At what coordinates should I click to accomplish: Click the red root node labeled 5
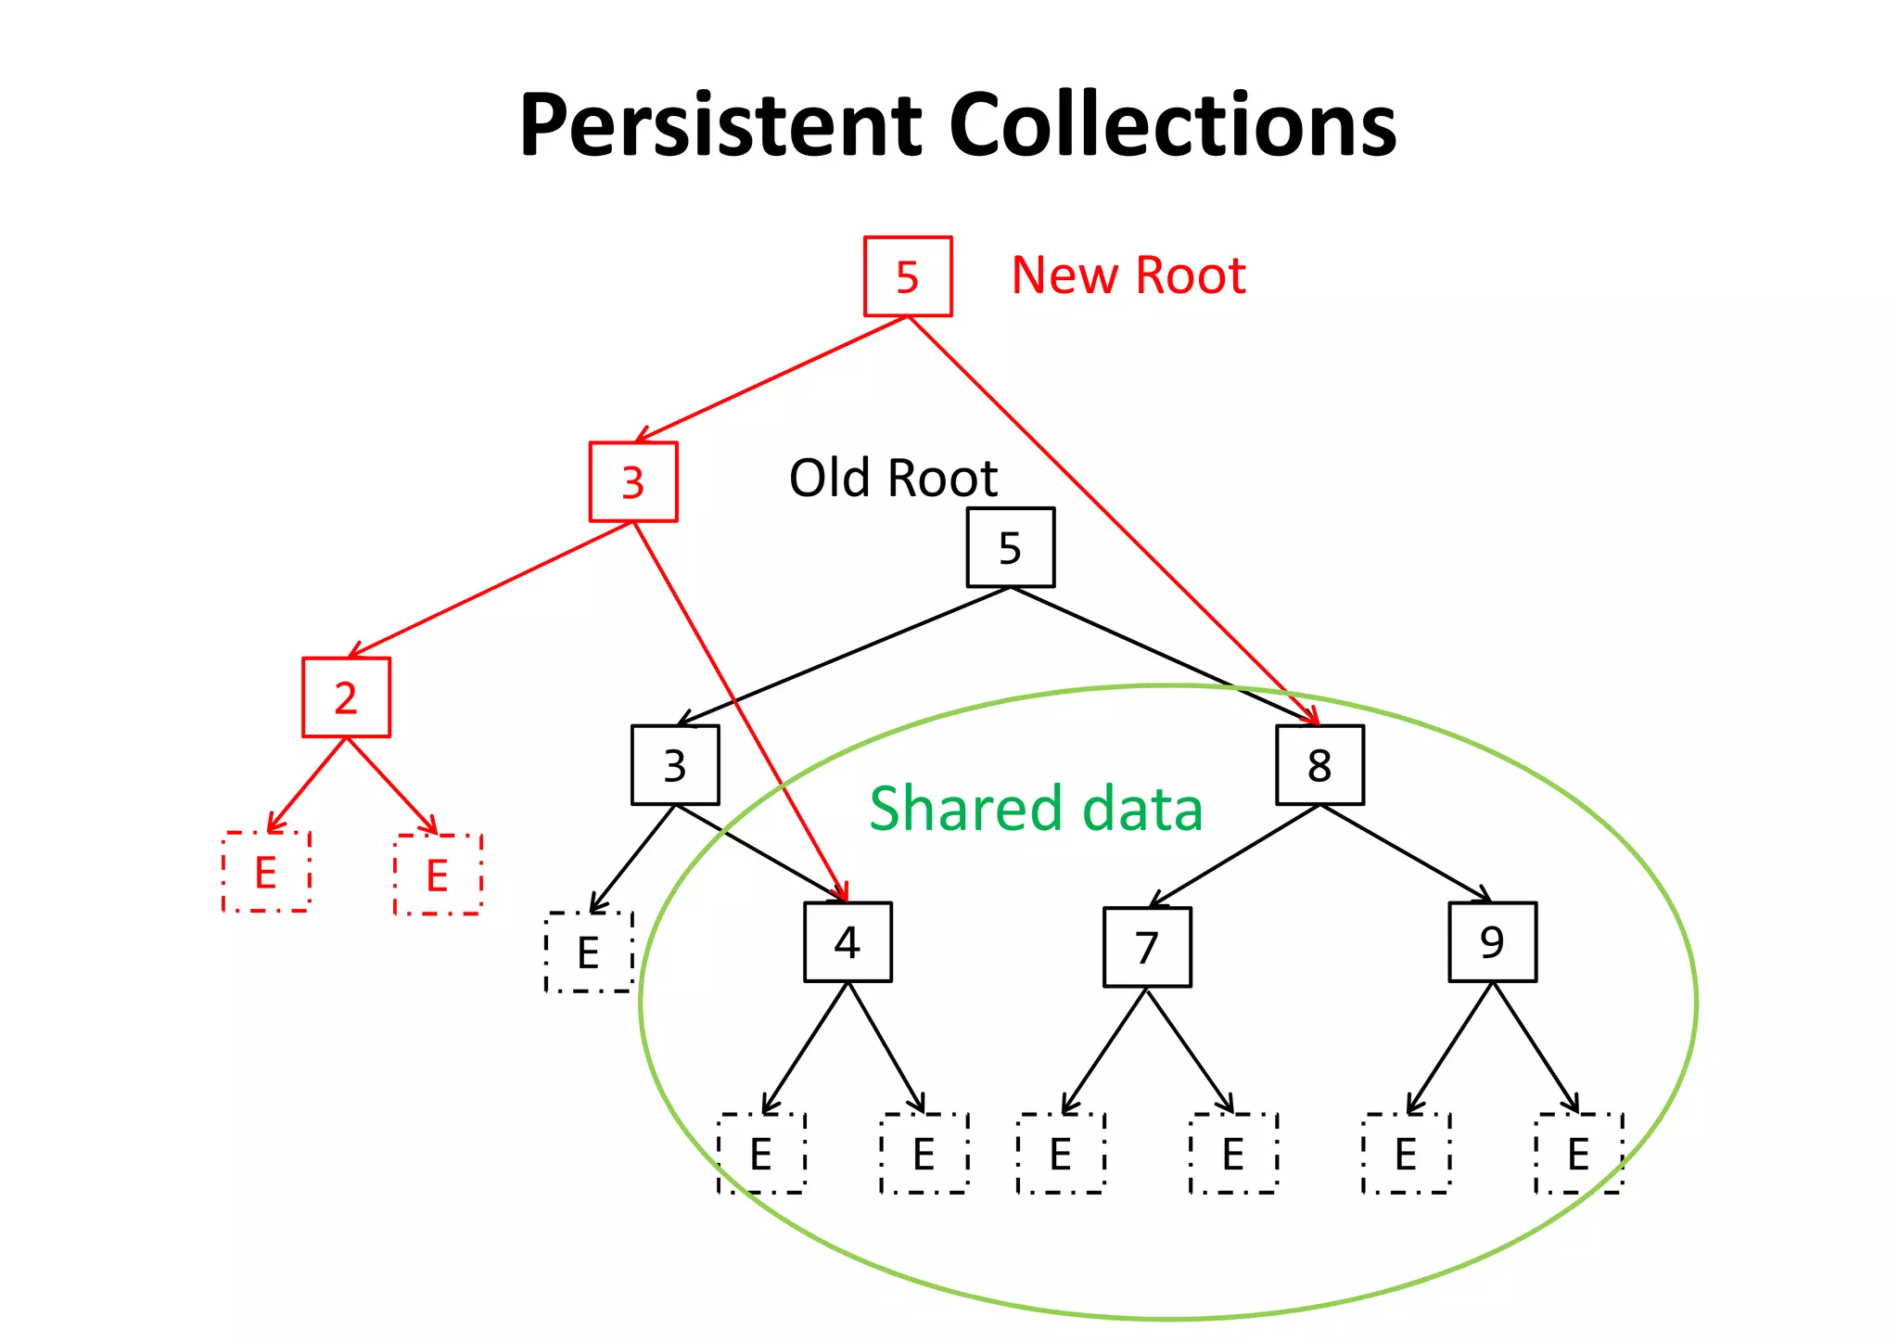coord(908,276)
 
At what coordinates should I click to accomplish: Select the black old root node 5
coord(1010,547)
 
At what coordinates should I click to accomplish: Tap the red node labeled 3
coord(633,482)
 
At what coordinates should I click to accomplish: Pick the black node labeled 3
coord(675,765)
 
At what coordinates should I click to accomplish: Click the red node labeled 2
coord(346,697)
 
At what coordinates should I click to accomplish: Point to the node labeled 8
coord(1319,765)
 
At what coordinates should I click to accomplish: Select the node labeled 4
coord(848,942)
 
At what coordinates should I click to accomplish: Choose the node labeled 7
coord(1147,947)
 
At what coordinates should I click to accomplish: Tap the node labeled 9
coord(1492,942)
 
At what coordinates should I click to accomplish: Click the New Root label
coord(1128,275)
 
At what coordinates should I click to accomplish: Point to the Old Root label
coord(892,479)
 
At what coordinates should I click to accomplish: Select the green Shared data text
coord(1036,808)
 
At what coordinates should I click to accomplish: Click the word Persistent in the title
coord(720,125)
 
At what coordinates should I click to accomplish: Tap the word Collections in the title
coord(1172,125)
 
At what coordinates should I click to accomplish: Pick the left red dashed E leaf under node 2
coord(266,872)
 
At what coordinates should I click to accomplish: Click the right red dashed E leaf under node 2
coord(438,875)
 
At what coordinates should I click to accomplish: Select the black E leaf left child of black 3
coord(589,952)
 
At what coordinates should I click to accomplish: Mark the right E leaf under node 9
coord(1578,1154)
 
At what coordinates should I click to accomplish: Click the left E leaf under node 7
coord(1061,1154)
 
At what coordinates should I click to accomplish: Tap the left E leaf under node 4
coord(761,1154)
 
